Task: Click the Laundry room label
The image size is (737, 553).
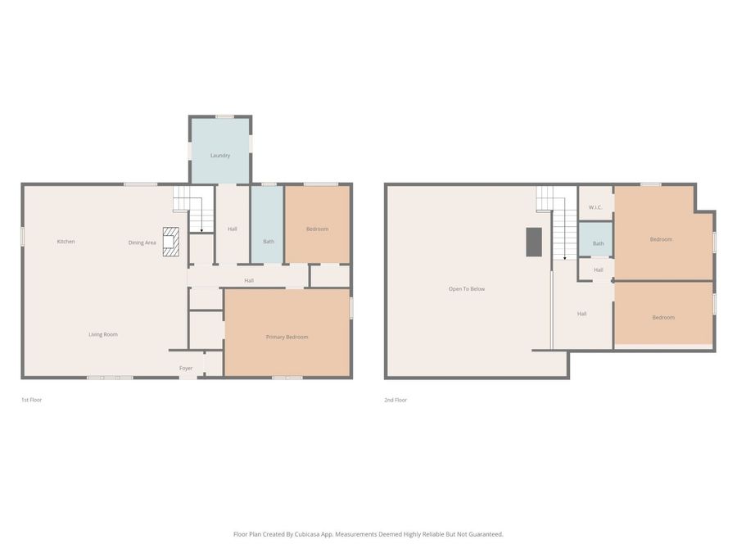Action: point(219,156)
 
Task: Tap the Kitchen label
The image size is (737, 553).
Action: point(66,242)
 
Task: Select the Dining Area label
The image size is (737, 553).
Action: point(142,243)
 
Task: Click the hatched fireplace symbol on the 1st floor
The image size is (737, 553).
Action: point(170,242)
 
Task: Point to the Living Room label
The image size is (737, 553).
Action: point(103,334)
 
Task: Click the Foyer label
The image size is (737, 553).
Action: point(186,369)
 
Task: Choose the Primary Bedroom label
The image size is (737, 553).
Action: point(287,337)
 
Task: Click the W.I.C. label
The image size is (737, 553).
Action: point(595,207)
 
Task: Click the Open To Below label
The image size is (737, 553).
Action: point(467,289)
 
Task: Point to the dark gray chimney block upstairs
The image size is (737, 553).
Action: point(534,242)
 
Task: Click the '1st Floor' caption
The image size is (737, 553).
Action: point(31,400)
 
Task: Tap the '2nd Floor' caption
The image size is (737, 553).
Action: point(396,400)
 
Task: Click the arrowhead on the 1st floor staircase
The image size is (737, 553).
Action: point(201,232)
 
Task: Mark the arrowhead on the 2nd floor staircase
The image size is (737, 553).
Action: point(564,259)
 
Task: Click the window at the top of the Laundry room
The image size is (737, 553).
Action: point(224,116)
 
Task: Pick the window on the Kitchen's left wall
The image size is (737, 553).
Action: point(22,235)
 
